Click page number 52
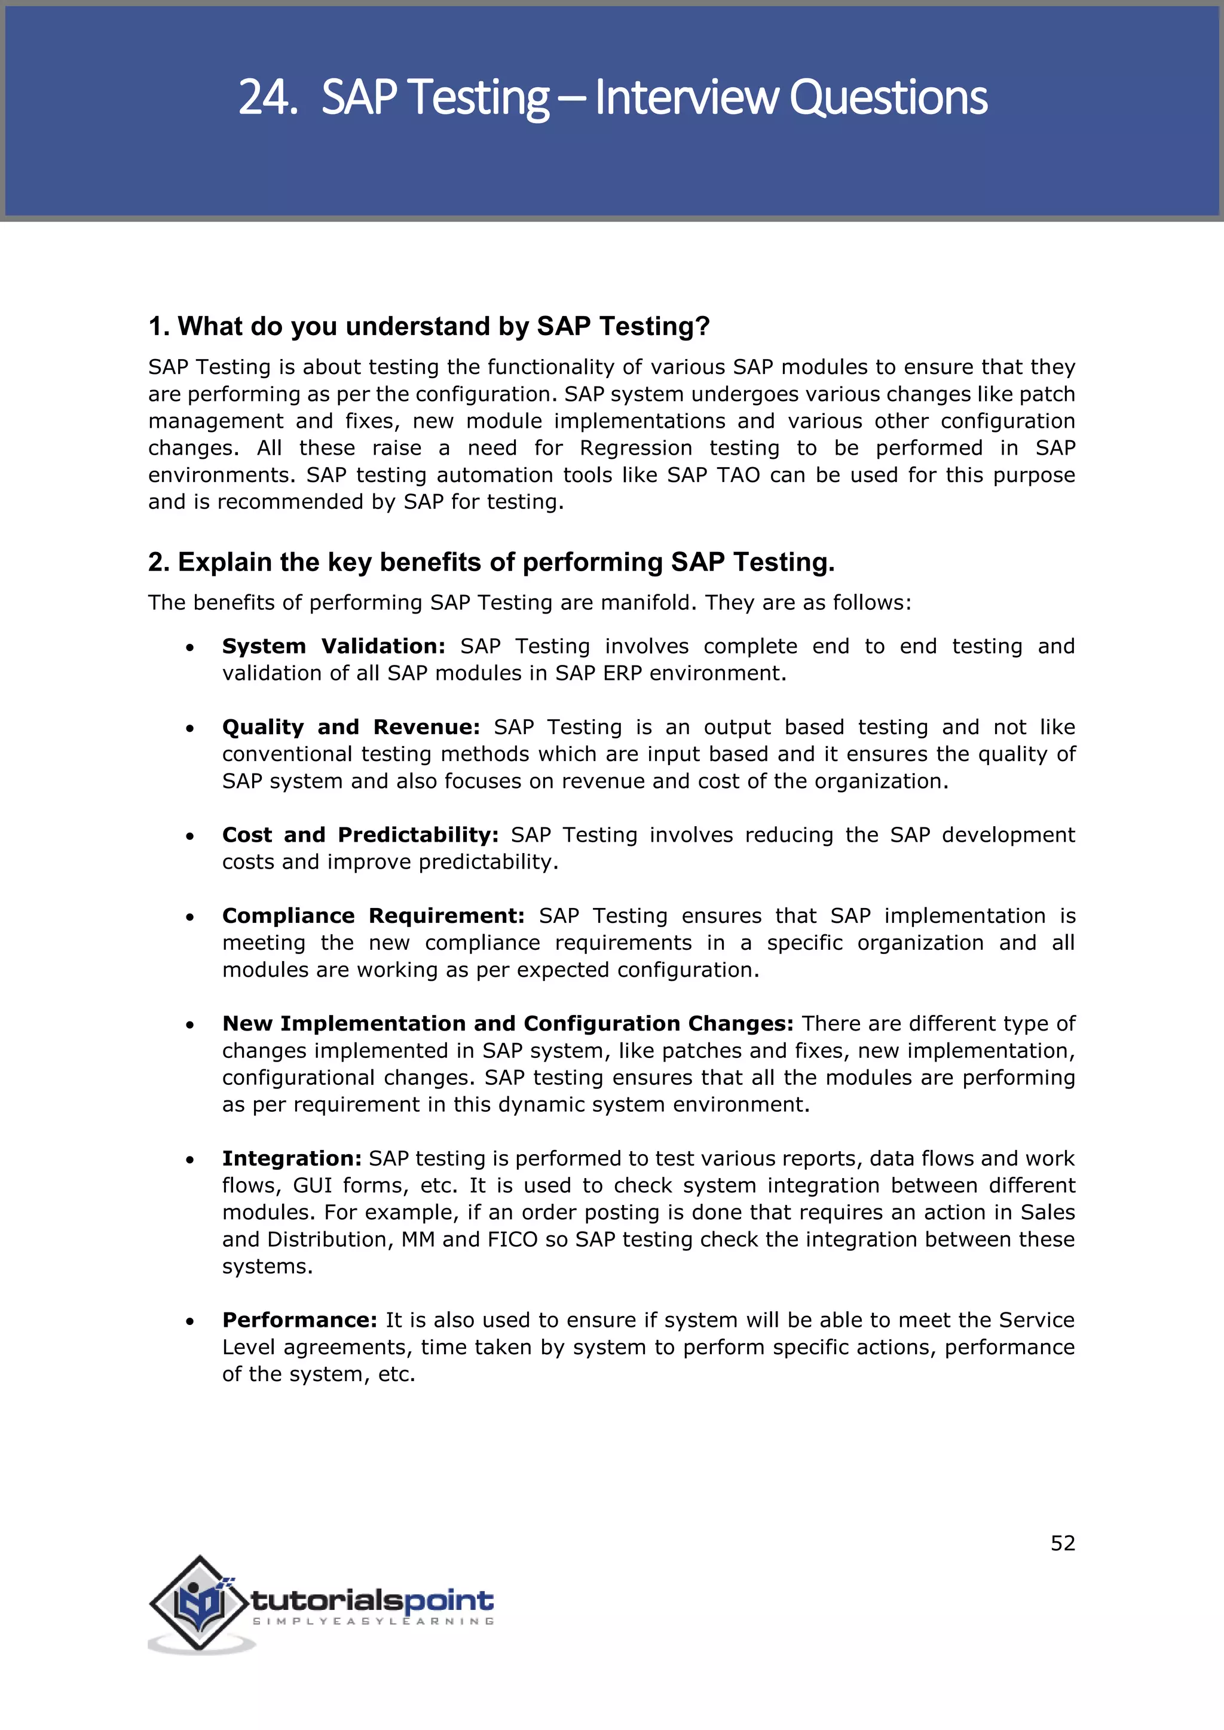pos(1063,1543)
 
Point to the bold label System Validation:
pos(333,646)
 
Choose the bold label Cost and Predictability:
pos(360,835)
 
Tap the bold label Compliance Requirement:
pos(372,916)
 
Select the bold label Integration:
pos(292,1158)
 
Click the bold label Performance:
pos(299,1320)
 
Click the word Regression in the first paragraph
pos(635,448)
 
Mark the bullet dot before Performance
pos(190,1321)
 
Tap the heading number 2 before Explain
pos(156,562)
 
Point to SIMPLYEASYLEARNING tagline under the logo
pos(373,1621)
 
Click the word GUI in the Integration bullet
pos(312,1185)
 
